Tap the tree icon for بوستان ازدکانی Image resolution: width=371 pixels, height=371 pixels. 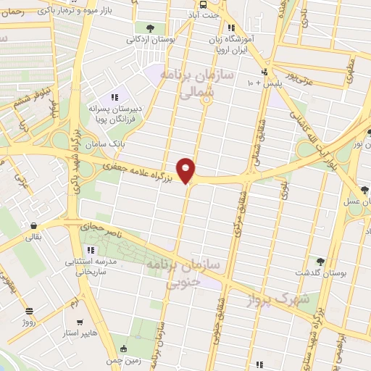click(x=150, y=28)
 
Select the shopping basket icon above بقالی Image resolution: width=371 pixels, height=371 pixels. click(x=33, y=224)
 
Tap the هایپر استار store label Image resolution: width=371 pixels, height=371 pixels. click(x=83, y=335)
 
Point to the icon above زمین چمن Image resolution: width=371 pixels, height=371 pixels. click(x=124, y=348)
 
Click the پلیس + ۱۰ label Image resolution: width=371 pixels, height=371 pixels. click(x=261, y=83)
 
